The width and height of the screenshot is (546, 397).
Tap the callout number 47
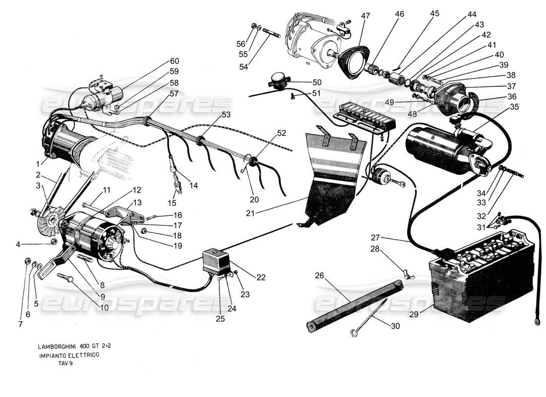[366, 16]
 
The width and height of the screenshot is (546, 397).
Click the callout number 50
[316, 82]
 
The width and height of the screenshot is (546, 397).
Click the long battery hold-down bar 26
[352, 303]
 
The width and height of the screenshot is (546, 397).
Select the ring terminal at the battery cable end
[537, 323]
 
